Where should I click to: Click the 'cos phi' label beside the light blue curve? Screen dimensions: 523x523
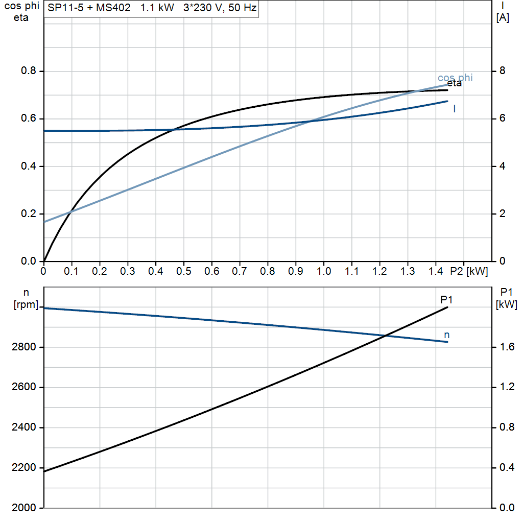(455, 78)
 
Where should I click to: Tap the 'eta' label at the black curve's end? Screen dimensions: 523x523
(454, 84)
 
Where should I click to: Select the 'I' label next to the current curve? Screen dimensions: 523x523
(455, 108)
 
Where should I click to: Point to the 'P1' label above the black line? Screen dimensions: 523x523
(447, 300)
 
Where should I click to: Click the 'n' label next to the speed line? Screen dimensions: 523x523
(447, 335)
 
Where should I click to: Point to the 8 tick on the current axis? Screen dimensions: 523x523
(502, 71)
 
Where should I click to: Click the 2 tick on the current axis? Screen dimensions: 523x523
(502, 213)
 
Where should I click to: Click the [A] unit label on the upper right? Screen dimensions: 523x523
(503, 18)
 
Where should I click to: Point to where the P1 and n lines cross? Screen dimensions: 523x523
(386, 336)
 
